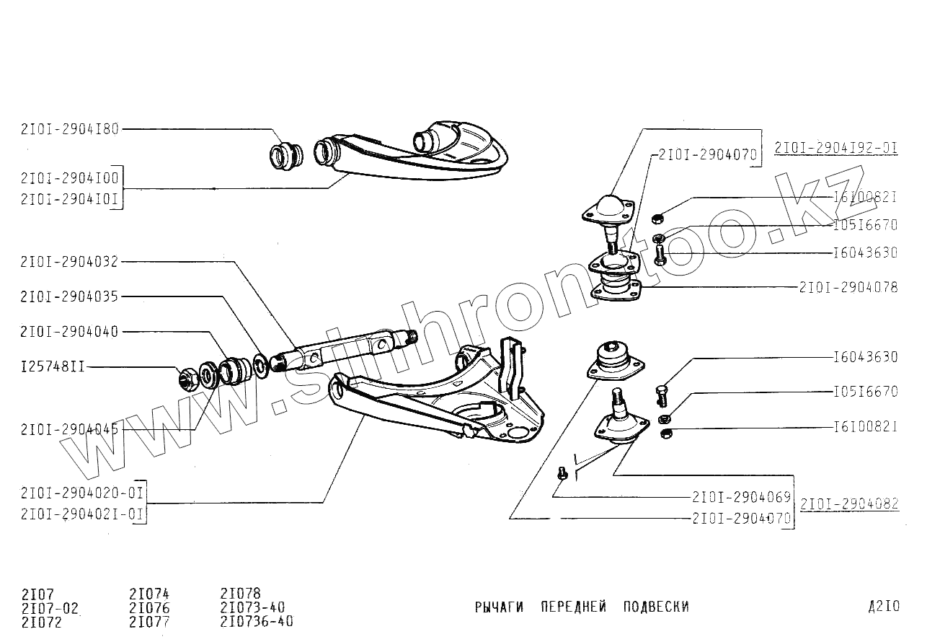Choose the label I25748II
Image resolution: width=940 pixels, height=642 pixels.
[53, 366]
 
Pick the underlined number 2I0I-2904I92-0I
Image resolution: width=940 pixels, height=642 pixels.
[836, 149]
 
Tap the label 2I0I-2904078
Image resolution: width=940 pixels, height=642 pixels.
[848, 287]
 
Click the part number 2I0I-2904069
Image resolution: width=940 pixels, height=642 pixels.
[741, 497]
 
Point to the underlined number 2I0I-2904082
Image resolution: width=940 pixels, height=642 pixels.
[849, 504]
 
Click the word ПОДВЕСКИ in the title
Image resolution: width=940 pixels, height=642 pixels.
[656, 607]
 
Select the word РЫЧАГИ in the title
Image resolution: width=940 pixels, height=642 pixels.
[499, 607]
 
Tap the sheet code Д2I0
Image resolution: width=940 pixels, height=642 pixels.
[884, 607]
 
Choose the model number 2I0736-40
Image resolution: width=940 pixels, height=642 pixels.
[257, 621]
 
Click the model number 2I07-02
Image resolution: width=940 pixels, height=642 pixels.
[50, 608]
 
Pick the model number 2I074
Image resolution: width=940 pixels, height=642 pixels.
[149, 594]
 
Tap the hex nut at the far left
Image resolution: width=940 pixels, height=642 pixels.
[188, 378]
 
